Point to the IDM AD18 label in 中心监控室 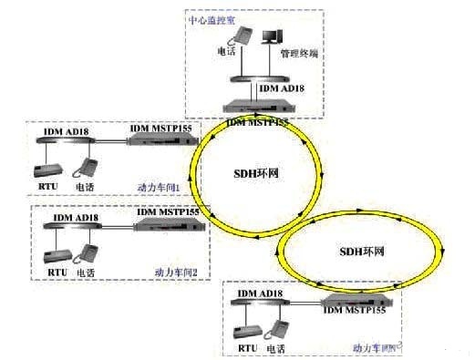pos(284,87)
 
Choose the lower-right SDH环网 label pos(362,250)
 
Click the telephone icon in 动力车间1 pos(86,168)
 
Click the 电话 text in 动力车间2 pos(86,272)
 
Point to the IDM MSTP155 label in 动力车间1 pos(161,132)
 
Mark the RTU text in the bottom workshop pos(246,347)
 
